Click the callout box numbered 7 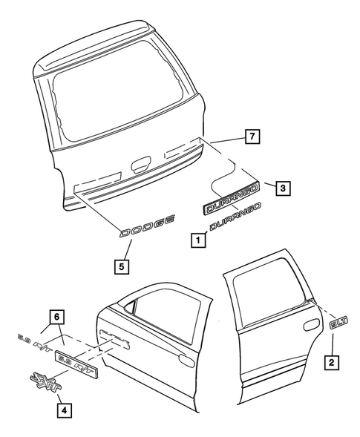point(252,137)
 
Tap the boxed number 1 point(197,240)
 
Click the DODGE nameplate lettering point(148,226)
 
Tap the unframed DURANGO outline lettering point(237,220)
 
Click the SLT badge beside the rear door point(337,323)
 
